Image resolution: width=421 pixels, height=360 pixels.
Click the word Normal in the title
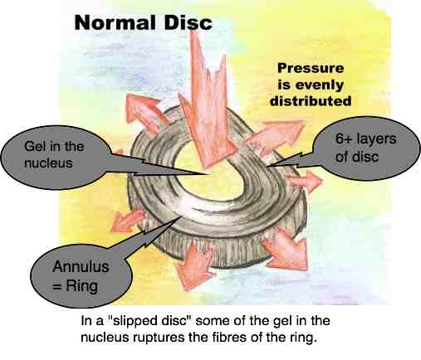point(115,22)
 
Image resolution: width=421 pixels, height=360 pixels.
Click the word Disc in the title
point(188,22)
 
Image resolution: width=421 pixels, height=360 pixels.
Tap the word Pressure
point(311,68)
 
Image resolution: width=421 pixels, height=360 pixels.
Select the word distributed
point(311,101)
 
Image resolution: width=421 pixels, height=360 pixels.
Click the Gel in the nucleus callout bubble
point(56,157)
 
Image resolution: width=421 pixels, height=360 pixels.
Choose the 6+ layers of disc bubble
point(367,148)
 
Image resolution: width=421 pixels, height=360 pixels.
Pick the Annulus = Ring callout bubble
point(81,276)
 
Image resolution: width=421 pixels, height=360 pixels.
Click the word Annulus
point(81,267)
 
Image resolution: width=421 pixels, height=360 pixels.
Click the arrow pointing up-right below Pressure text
point(277,135)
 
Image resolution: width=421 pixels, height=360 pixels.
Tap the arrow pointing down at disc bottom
point(193,263)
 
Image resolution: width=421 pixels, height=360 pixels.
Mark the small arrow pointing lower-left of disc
point(127,220)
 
